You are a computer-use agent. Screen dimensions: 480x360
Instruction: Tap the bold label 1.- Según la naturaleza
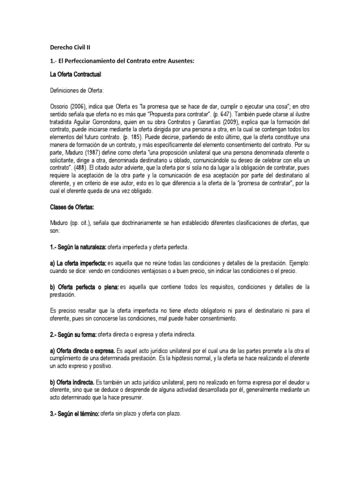(x=78, y=247)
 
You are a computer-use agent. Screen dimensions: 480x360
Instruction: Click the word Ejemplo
(x=296, y=263)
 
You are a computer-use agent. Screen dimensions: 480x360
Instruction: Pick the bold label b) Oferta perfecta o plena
(x=84, y=287)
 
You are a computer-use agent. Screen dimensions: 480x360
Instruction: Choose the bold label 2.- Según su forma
(x=73, y=335)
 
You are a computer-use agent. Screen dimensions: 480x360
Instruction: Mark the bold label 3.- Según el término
(x=74, y=414)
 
